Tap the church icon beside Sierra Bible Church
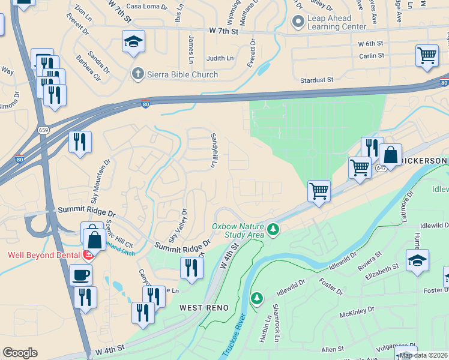(x=137, y=74)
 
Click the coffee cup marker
(x=81, y=275)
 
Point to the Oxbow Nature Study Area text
(x=238, y=230)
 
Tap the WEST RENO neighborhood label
(x=203, y=308)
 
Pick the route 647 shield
(x=381, y=168)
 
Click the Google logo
(x=20, y=353)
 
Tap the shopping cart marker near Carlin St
(x=427, y=56)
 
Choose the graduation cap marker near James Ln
(x=133, y=41)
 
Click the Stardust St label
(x=317, y=79)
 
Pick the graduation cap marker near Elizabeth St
(x=417, y=260)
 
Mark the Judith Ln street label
(x=220, y=58)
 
